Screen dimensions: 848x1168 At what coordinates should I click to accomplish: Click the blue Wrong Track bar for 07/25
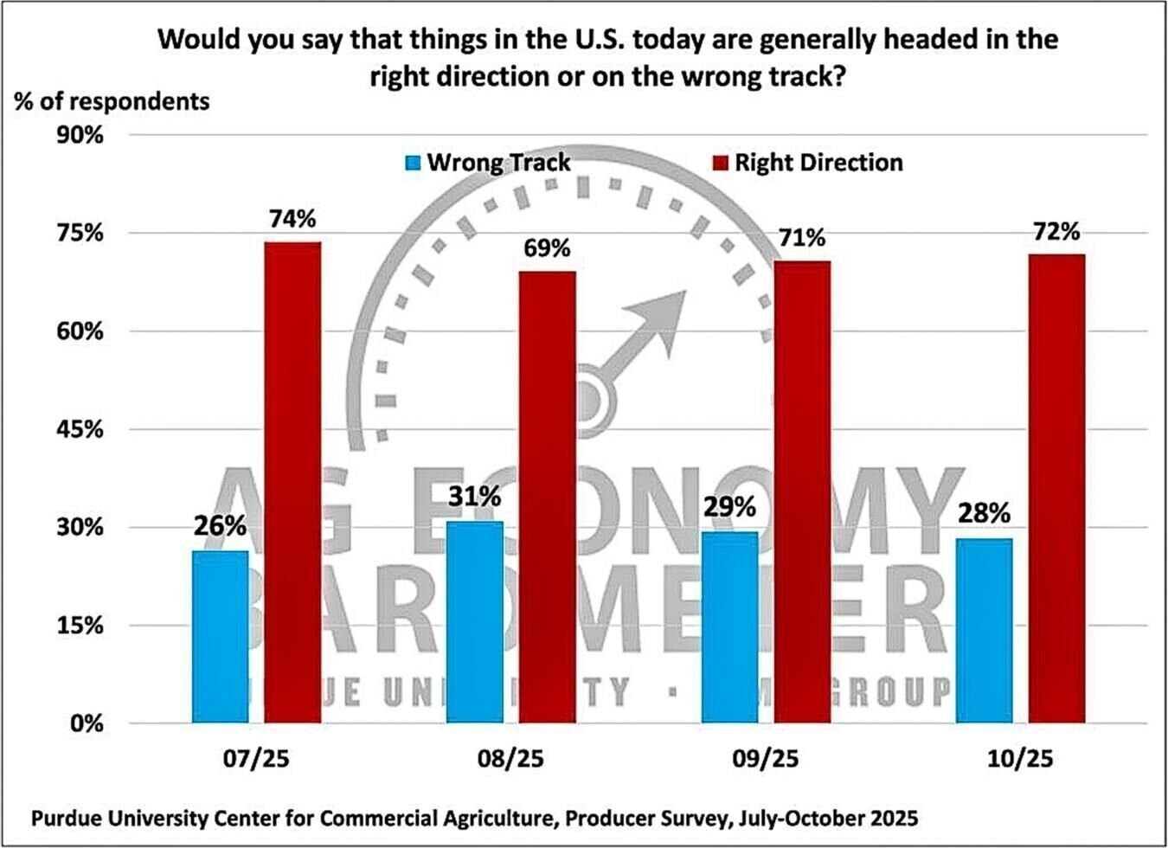(x=220, y=636)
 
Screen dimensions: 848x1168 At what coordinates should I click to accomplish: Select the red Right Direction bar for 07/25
(x=292, y=482)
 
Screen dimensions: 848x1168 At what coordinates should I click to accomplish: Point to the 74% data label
(x=292, y=220)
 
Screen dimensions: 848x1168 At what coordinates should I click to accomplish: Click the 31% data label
(x=474, y=498)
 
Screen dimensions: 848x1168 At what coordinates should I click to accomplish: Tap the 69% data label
(x=547, y=249)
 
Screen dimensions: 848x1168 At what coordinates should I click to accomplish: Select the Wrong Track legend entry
(x=488, y=163)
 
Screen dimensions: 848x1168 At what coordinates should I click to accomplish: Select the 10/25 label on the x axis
(x=1020, y=759)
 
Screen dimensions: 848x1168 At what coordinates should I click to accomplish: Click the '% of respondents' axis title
(x=112, y=101)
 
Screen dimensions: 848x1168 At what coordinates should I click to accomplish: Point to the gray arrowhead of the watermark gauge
(x=662, y=316)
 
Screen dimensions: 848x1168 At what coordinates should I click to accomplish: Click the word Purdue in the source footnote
(x=66, y=818)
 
